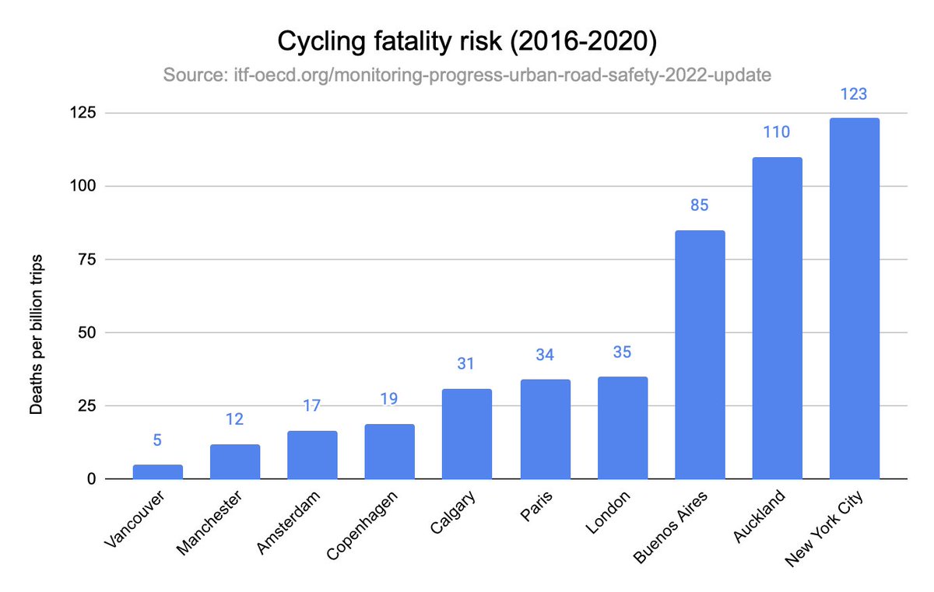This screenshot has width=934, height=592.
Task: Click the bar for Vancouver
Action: (x=157, y=472)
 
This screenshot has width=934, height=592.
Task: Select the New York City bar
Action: (x=854, y=299)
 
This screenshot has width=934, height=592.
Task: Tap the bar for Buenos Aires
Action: (x=700, y=355)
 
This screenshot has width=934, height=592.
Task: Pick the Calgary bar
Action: (x=467, y=434)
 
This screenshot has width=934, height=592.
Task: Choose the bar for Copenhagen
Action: (x=389, y=452)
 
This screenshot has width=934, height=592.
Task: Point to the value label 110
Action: (x=777, y=132)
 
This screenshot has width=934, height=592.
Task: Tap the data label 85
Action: (x=700, y=206)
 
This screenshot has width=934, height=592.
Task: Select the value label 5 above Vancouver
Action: (x=157, y=440)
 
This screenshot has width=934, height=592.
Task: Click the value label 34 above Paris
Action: (x=545, y=356)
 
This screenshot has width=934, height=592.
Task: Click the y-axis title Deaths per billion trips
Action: (x=36, y=333)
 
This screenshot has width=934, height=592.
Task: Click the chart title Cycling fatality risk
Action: (x=467, y=41)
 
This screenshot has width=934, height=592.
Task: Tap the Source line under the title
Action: (x=467, y=75)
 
